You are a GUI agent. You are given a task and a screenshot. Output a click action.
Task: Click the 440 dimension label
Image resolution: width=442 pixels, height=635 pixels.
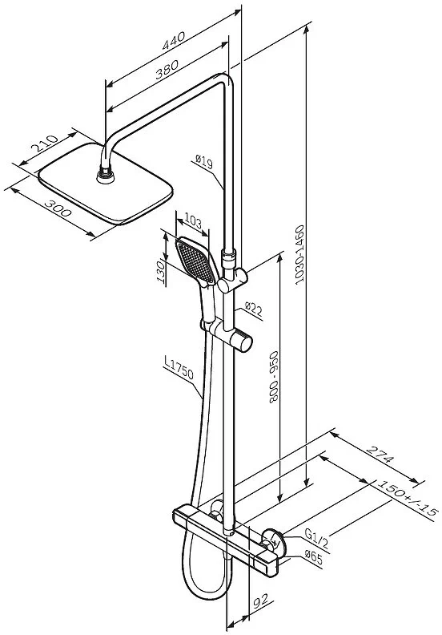174,41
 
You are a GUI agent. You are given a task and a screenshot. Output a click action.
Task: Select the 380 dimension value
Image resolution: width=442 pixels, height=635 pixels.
167,69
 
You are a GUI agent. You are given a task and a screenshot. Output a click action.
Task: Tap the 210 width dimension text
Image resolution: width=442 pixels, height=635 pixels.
46,144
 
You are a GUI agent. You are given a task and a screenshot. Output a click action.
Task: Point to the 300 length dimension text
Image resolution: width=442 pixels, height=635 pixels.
58,208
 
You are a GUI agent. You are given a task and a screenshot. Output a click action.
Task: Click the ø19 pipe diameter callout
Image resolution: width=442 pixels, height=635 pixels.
204,162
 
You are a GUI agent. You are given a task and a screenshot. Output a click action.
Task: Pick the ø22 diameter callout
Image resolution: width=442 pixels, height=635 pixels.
254,309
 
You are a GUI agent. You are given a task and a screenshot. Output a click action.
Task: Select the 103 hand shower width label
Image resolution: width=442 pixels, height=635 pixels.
193,221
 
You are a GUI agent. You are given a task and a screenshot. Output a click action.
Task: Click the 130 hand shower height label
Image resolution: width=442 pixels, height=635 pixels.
161,272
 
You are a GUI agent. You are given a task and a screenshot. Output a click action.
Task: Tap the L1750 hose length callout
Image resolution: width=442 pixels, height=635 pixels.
179,367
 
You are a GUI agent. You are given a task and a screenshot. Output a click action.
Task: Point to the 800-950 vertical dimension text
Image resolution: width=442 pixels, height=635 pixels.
274,377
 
